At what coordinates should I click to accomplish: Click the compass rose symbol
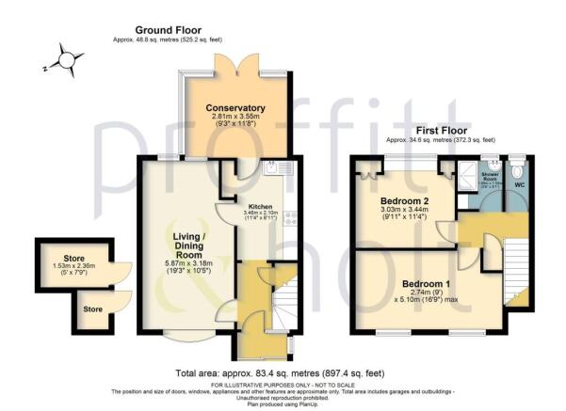click(x=65, y=61)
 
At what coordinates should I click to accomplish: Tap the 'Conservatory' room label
click(x=234, y=108)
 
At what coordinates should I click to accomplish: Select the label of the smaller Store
click(x=91, y=308)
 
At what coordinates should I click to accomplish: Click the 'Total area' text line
click(x=283, y=372)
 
